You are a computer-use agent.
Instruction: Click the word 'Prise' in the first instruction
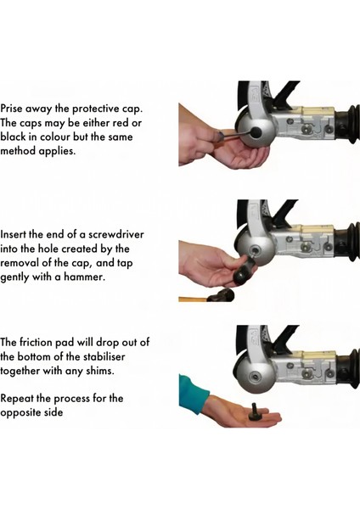coord(12,109)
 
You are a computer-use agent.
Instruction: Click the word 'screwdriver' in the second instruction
coord(116,234)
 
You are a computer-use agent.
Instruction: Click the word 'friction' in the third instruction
coord(36,342)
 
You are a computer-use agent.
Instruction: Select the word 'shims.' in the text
coord(100,371)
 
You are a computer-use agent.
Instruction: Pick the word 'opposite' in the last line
coord(20,413)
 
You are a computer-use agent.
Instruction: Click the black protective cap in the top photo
coord(256,132)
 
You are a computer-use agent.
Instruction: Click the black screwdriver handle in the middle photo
coord(242,273)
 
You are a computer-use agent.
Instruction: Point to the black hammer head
coord(222,295)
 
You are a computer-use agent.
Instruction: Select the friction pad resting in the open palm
coord(255,413)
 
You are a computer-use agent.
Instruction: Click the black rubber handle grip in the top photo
coord(348,124)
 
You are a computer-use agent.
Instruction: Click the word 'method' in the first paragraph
coord(18,151)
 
